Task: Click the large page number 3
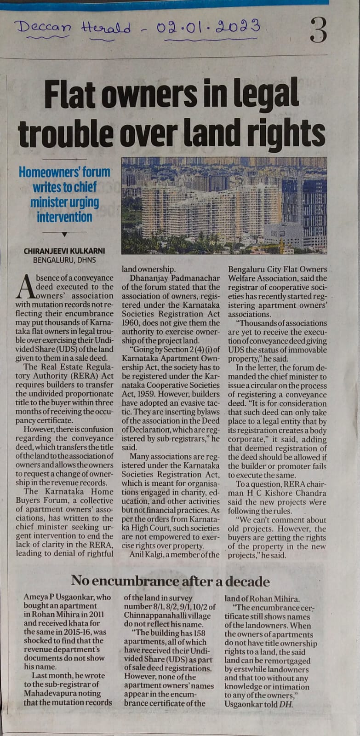coord(319,30)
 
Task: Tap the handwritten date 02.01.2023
coord(208,27)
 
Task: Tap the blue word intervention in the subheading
coord(64,217)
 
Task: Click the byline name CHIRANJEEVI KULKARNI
coord(64,251)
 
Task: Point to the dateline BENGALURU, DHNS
coord(64,259)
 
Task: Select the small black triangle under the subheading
coord(64,234)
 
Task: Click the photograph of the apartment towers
coord(224,205)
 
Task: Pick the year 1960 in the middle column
coord(131,323)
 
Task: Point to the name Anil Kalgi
coord(149,555)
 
